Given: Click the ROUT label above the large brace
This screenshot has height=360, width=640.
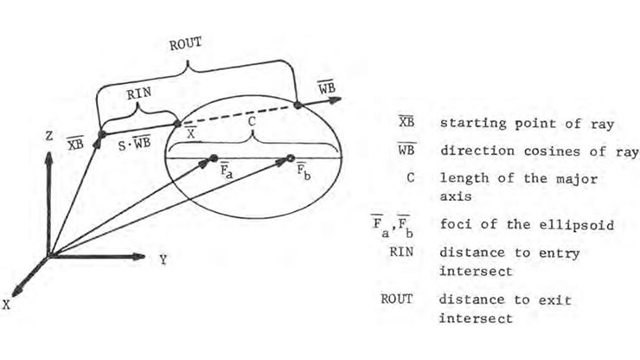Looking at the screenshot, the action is (x=185, y=44).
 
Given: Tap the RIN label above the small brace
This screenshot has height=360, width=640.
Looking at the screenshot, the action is (x=138, y=94).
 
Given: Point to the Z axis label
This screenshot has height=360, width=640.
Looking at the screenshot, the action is (x=49, y=136).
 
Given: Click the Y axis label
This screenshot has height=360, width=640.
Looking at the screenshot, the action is (x=163, y=260).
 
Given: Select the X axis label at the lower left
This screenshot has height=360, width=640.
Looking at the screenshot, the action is (x=6, y=305).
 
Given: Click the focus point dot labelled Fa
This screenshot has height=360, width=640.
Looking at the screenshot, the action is (x=214, y=158).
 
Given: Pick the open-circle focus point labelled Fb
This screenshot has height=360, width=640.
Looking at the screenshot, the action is (x=291, y=158).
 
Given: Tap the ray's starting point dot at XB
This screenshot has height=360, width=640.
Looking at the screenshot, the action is (x=102, y=134).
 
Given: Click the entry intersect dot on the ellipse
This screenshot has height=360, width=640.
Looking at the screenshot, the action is (x=177, y=124).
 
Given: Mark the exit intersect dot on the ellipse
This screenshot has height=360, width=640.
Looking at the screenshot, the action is (x=298, y=105).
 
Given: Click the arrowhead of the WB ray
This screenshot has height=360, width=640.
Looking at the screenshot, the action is (x=335, y=100).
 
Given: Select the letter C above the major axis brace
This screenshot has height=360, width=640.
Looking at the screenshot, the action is (x=252, y=121).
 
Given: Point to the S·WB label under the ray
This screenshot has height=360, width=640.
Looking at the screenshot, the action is (x=134, y=143).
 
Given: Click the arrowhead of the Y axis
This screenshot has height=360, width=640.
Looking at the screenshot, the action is (x=138, y=257).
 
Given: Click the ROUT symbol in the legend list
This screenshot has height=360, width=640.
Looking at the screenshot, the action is (x=397, y=299).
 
